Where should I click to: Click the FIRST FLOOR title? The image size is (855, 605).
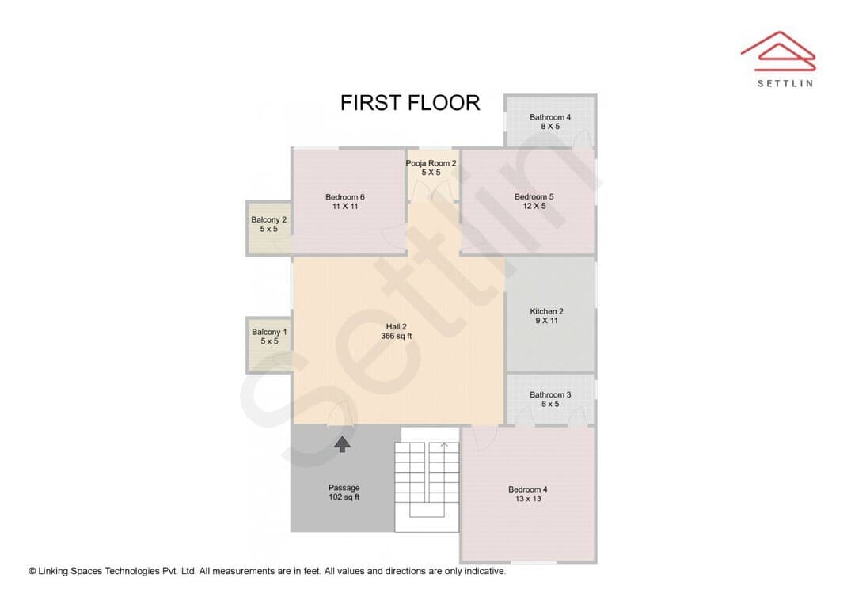pos(410,103)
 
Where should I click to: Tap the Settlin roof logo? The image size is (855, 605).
pos(778,51)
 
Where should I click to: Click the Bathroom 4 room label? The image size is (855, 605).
pos(550,116)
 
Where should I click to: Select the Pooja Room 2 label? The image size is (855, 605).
pos(431,162)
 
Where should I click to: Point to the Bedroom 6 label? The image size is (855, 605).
pos(345,196)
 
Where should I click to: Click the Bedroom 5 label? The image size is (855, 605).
pos(534,196)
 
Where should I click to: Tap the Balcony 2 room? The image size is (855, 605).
pos(268,228)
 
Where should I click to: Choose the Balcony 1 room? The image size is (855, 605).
pos(269,344)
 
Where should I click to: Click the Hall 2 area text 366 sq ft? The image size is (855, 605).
pos(397,336)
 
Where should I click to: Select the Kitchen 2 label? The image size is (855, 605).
pos(546,311)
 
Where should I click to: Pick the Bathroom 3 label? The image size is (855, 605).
pos(550,394)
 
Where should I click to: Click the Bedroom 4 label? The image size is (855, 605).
pos(528,489)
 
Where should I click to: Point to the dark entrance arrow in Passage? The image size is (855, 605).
pos(342,444)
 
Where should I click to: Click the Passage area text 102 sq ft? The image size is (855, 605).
pos(344,497)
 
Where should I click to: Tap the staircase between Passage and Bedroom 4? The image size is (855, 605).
pos(427,479)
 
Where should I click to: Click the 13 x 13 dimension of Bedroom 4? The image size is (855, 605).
pos(528,499)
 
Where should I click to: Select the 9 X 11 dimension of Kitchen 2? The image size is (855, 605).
pos(546,320)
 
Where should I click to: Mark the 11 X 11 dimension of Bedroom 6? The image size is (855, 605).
pos(345,206)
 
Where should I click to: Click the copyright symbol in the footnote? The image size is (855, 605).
pos(32,571)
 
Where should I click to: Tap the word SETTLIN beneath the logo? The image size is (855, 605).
pos(785,83)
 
